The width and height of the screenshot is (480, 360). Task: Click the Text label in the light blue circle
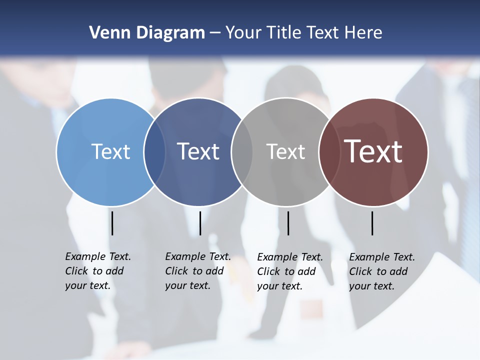pyautogui.click(x=110, y=151)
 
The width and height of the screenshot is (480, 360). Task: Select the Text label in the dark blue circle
pyautogui.click(x=198, y=151)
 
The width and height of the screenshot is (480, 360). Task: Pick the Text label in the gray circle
pyautogui.click(x=285, y=151)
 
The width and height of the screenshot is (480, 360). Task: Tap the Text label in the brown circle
pyautogui.click(x=373, y=151)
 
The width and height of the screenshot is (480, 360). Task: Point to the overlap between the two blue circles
pyautogui.click(x=154, y=152)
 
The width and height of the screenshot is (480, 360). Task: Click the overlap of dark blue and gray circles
pyautogui.click(x=242, y=152)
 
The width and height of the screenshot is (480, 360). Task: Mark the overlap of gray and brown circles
pyautogui.click(x=329, y=152)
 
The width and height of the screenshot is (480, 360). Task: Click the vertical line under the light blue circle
pyautogui.click(x=112, y=223)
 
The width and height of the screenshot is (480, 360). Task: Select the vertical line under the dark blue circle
pyautogui.click(x=200, y=223)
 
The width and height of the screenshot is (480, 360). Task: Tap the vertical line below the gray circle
pyautogui.click(x=288, y=223)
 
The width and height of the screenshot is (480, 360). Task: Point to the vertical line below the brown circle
pyautogui.click(x=372, y=223)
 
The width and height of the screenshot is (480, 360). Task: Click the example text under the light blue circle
pyautogui.click(x=98, y=271)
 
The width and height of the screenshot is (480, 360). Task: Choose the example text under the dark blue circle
pyautogui.click(x=198, y=271)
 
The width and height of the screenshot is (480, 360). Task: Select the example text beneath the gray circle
pyautogui.click(x=290, y=271)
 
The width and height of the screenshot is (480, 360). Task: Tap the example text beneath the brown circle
pyautogui.click(x=382, y=271)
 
